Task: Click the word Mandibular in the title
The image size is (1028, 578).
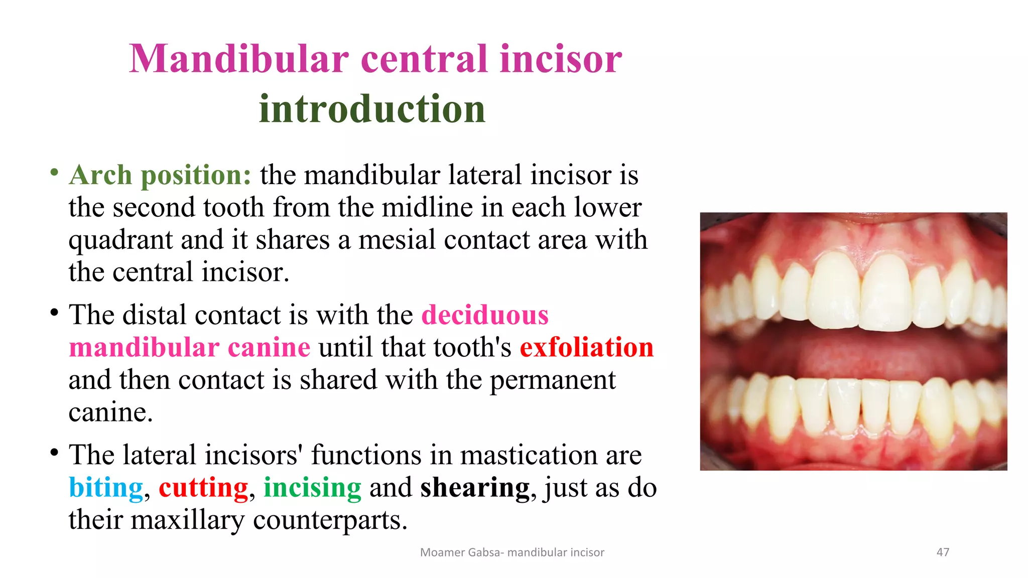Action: pyautogui.click(x=239, y=59)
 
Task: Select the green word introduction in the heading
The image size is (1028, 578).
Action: pyautogui.click(x=372, y=109)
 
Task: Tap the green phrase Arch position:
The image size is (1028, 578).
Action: pyautogui.click(x=160, y=176)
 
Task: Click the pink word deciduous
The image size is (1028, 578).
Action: pyautogui.click(x=485, y=315)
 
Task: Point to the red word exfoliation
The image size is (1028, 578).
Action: pyautogui.click(x=587, y=348)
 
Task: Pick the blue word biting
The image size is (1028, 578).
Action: pyautogui.click(x=106, y=488)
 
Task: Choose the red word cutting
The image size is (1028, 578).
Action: pyautogui.click(x=203, y=488)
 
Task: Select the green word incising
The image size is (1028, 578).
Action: pyautogui.click(x=312, y=488)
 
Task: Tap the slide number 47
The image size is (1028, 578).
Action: pyautogui.click(x=943, y=552)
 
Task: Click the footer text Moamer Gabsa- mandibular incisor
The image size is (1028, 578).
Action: pyautogui.click(x=512, y=552)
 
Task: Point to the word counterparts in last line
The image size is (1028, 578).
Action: pyautogui.click(x=330, y=520)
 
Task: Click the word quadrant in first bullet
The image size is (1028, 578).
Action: pyautogui.click(x=120, y=240)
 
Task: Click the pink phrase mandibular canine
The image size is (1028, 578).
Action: pyautogui.click(x=189, y=348)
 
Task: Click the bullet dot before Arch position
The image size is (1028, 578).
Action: pyautogui.click(x=54, y=173)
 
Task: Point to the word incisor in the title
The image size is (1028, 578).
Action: pyautogui.click(x=561, y=59)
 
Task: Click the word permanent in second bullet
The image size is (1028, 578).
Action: pyautogui.click(x=552, y=380)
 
